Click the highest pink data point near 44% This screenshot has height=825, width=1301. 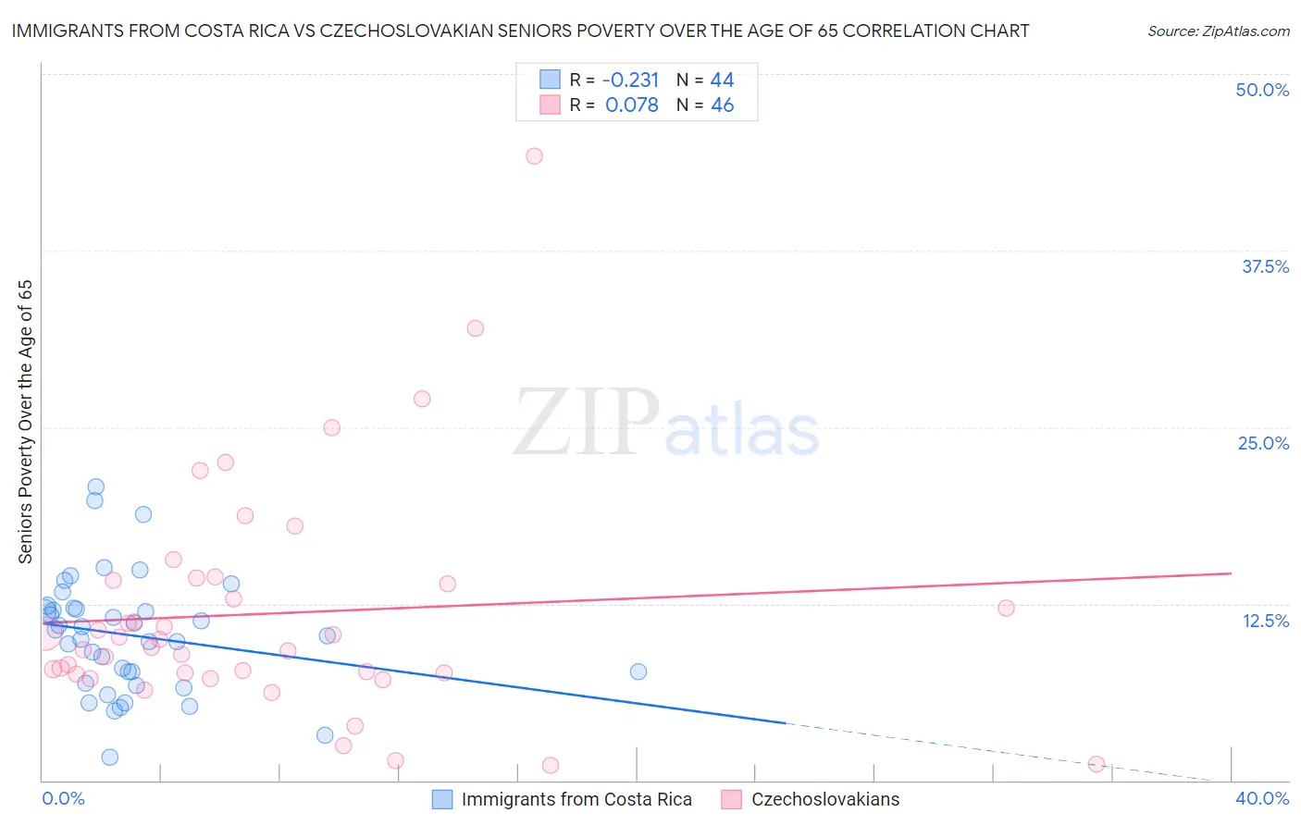pyautogui.click(x=534, y=156)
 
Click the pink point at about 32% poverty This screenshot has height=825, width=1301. pyautogui.click(x=476, y=328)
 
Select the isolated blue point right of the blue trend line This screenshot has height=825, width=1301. pyautogui.click(x=638, y=671)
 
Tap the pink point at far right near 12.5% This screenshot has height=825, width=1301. pyautogui.click(x=1006, y=608)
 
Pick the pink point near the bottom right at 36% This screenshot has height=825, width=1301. pyautogui.click(x=1097, y=764)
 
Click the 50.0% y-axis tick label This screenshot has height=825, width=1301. pyautogui.click(x=1262, y=90)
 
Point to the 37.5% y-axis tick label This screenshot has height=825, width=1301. pyautogui.click(x=1265, y=266)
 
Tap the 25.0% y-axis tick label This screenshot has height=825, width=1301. pyautogui.click(x=1263, y=443)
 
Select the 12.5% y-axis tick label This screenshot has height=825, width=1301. pyautogui.click(x=1265, y=621)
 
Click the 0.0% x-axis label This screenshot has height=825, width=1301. pyautogui.click(x=63, y=798)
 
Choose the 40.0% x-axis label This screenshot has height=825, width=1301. pyautogui.click(x=1262, y=798)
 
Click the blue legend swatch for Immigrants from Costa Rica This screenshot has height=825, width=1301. pyautogui.click(x=442, y=799)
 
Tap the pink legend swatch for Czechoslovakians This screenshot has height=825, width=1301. pyautogui.click(x=732, y=799)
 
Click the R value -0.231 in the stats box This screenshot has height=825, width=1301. pyautogui.click(x=630, y=80)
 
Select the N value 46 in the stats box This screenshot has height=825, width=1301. pyautogui.click(x=722, y=105)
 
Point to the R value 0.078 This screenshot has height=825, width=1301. pyautogui.click(x=632, y=105)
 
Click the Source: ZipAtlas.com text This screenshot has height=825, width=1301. pyautogui.click(x=1218, y=31)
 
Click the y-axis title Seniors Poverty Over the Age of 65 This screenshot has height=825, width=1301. pyautogui.click(x=26, y=422)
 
